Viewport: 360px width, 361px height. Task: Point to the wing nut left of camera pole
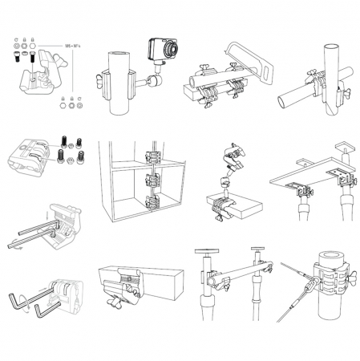click(100, 79)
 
